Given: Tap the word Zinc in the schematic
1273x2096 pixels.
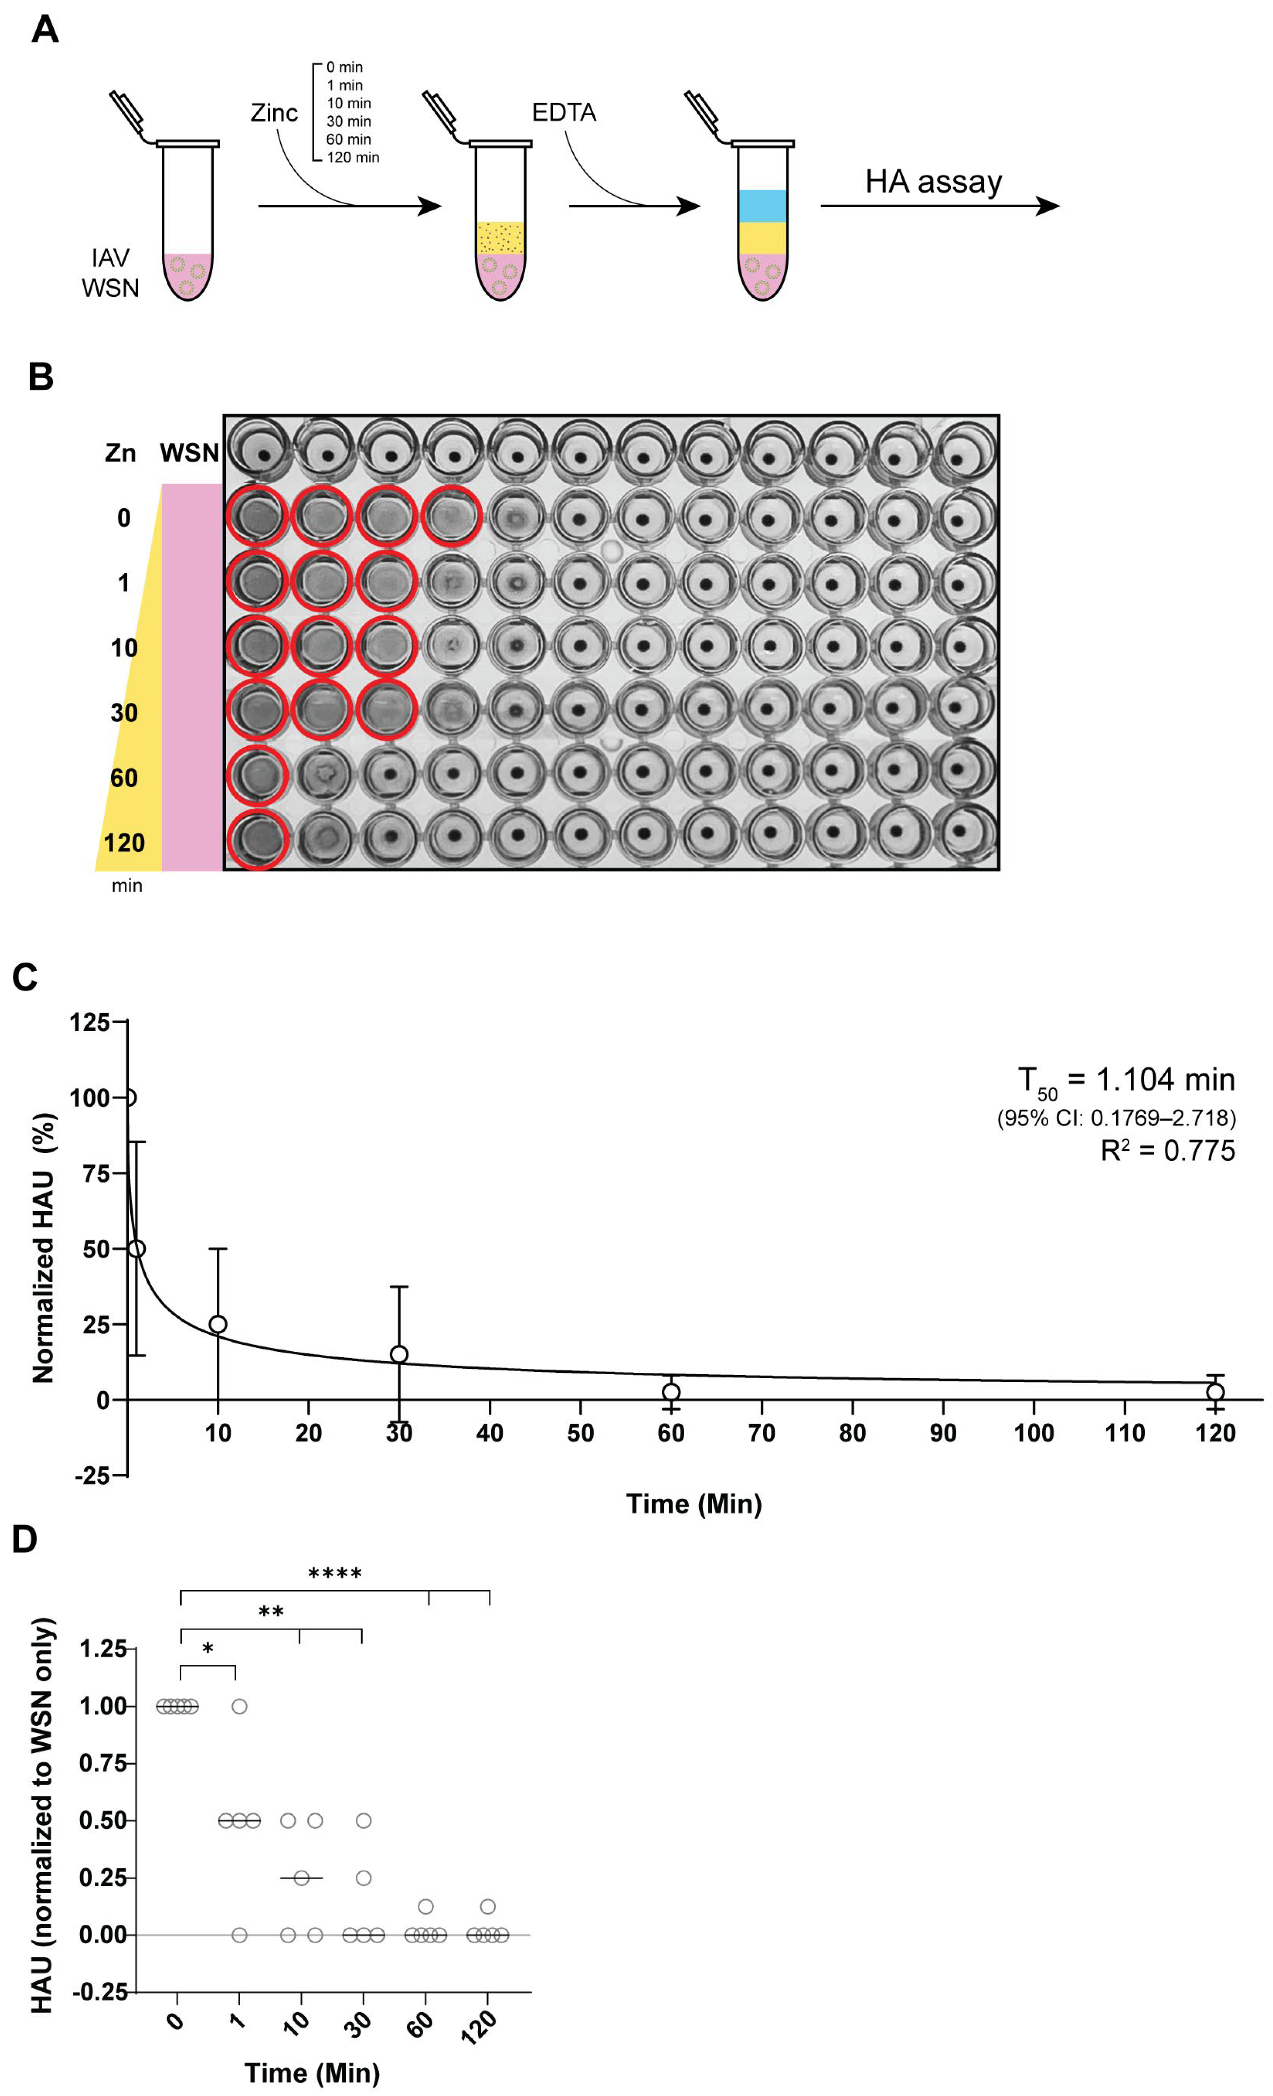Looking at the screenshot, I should (274, 113).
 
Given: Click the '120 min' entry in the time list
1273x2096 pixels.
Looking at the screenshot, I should (352, 158).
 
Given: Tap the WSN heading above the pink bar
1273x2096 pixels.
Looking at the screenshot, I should (189, 452).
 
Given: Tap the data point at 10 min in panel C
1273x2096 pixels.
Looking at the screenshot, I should (218, 1325).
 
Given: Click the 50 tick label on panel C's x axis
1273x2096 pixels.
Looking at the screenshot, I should (580, 1434).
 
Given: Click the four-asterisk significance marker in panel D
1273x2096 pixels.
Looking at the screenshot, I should (334, 1574).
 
